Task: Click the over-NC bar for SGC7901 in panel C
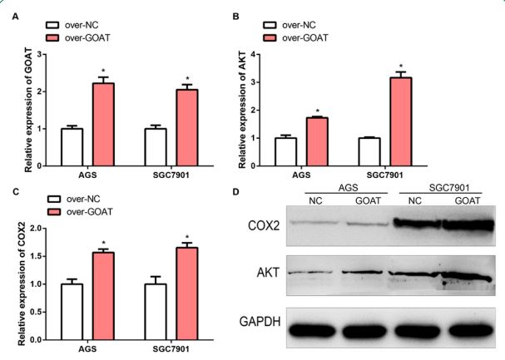(155, 312)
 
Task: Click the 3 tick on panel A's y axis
(38, 56)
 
